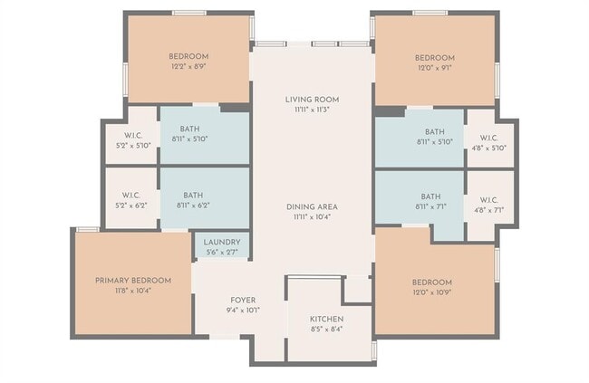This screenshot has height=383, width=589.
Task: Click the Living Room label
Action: click(x=311, y=99)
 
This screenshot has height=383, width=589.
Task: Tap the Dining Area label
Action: click(x=311, y=207)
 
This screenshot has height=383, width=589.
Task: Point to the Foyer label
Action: click(x=242, y=300)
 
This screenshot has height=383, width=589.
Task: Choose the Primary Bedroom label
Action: click(x=132, y=281)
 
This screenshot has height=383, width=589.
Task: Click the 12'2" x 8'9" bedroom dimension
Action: click(x=188, y=67)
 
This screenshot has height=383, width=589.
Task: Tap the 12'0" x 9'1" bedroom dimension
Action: click(x=435, y=67)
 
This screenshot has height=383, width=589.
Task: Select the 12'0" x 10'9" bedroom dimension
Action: click(x=432, y=292)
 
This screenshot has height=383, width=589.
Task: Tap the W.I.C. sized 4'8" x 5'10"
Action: click(x=488, y=148)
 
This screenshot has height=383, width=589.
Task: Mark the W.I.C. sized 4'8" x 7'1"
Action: click(x=488, y=210)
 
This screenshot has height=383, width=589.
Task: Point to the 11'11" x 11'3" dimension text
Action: click(x=311, y=110)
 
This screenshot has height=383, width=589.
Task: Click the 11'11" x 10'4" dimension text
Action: click(x=311, y=217)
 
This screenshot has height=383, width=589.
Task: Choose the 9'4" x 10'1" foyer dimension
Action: click(x=242, y=310)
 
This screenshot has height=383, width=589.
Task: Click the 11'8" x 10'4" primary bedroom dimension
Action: click(x=132, y=291)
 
